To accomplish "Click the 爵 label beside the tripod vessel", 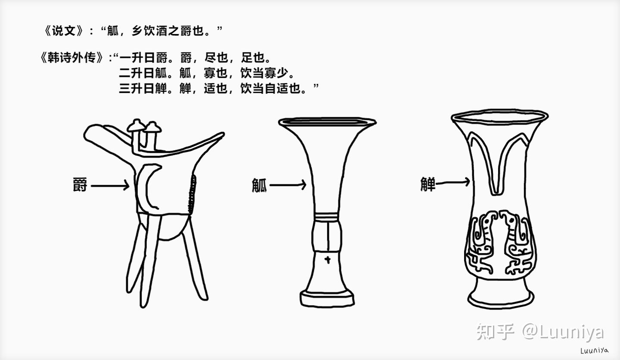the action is point(80,185).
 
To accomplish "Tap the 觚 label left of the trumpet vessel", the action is point(259,185).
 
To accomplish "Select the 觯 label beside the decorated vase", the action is point(428,184).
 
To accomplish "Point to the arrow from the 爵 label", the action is point(110,186).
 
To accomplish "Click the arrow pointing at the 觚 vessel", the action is point(288,185).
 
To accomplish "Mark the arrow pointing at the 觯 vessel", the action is point(453,182).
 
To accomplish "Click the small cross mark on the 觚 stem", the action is point(328,260).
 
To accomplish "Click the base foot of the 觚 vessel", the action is point(327,298).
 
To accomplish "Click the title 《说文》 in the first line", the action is point(63,31).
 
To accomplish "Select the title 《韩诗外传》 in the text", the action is point(72,58).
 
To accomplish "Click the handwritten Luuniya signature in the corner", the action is point(595,350).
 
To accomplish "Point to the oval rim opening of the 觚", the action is point(327,122).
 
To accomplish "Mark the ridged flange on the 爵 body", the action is point(192,194).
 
